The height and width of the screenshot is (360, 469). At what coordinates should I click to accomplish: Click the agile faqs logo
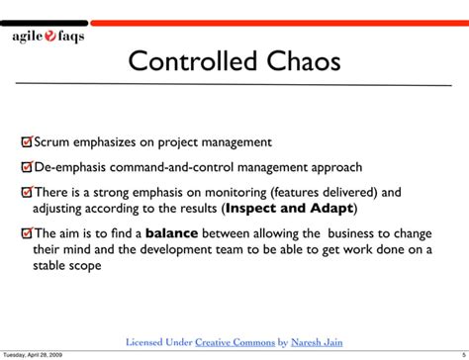click(47, 37)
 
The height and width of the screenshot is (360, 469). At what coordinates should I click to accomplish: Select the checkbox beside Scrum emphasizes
click(27, 142)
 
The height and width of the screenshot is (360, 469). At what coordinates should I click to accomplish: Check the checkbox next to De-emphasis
click(27, 167)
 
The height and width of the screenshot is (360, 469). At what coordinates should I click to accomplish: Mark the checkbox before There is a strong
click(27, 192)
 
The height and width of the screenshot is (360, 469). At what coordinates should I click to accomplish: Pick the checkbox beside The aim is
click(27, 233)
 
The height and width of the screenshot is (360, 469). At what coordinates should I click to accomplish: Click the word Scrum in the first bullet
click(53, 142)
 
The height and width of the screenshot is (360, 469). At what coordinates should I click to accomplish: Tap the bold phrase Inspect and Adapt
click(288, 209)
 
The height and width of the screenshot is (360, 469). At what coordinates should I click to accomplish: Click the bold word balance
click(172, 233)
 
